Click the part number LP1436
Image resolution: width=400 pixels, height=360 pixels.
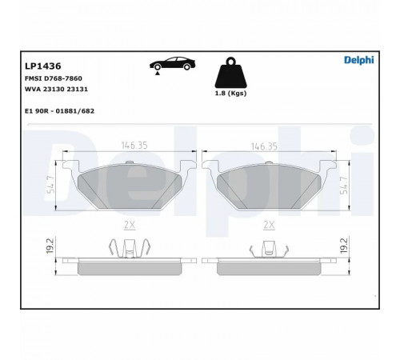tap(43, 66)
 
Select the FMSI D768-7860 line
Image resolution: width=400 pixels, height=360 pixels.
tap(54, 78)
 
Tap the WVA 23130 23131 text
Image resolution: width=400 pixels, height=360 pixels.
tap(56, 89)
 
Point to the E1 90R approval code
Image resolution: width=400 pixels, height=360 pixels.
tap(59, 111)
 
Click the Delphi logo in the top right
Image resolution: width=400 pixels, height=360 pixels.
tap(359, 60)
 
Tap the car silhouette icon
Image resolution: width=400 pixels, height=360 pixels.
tap(172, 63)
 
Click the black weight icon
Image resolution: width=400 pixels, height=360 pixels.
tap(231, 73)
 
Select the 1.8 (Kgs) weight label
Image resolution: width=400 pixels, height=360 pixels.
tap(230, 94)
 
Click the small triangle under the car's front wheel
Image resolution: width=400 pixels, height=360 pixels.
tap(158, 73)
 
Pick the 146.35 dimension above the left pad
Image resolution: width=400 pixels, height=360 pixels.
tap(134, 146)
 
